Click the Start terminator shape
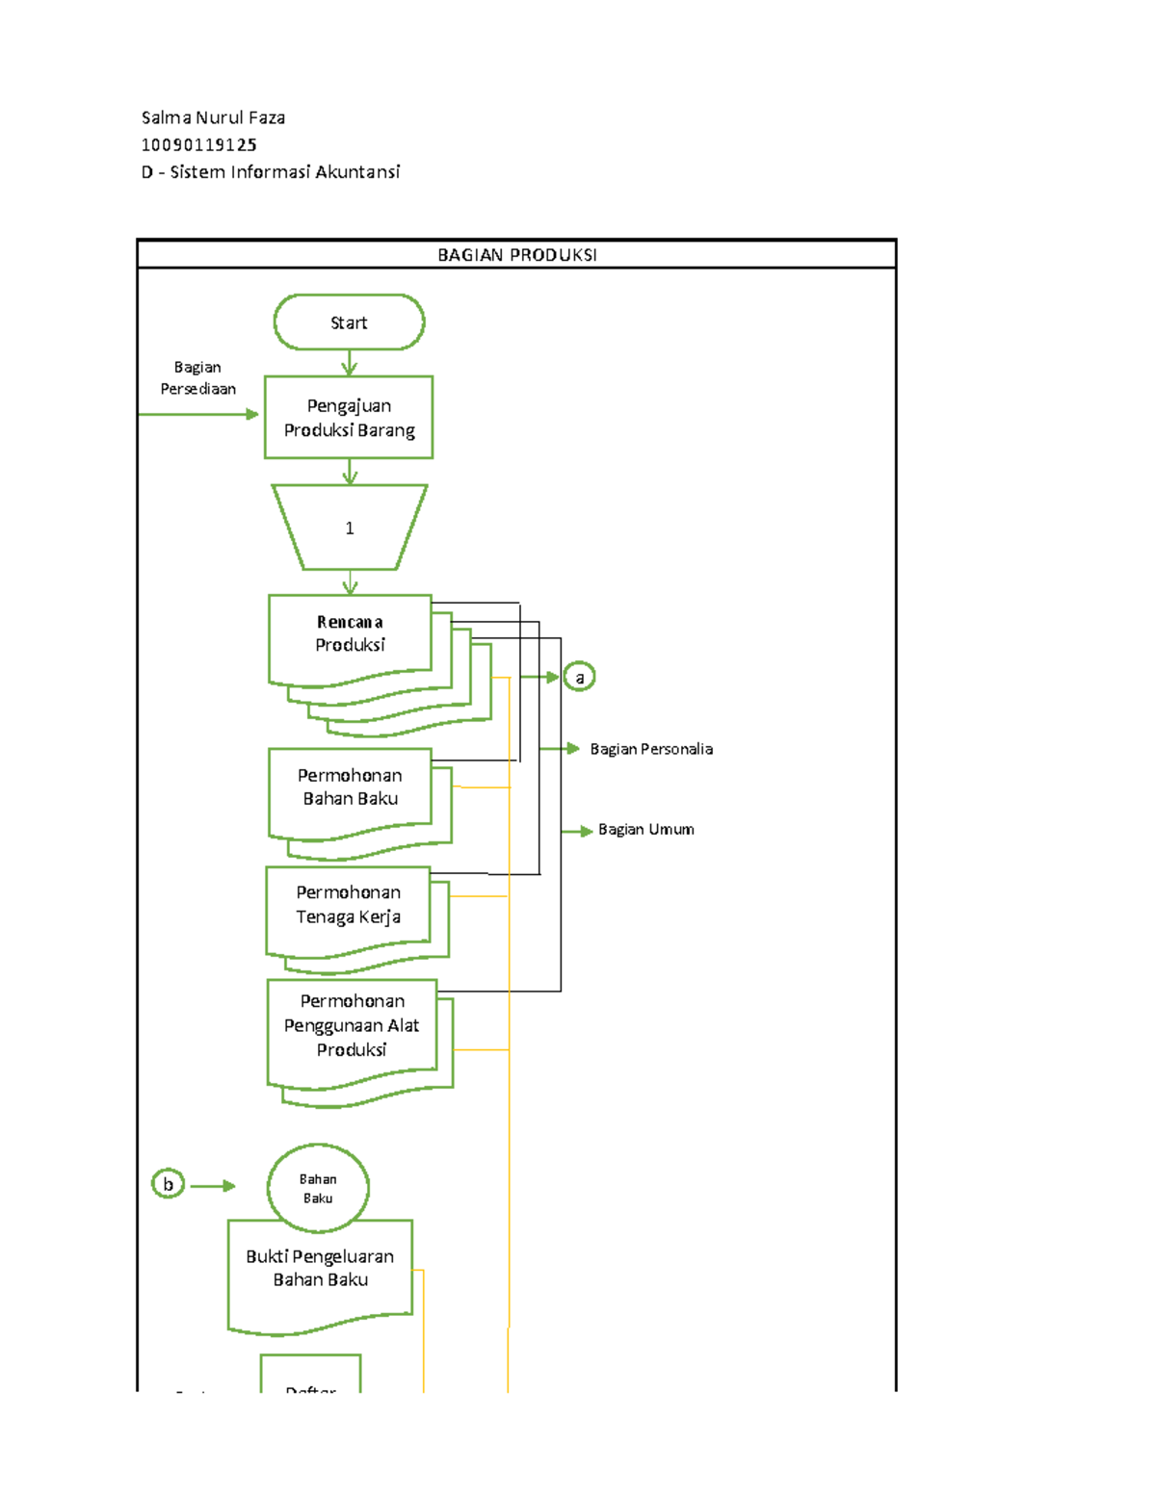tap(349, 322)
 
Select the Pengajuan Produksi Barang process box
tap(349, 418)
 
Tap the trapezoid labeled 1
tap(349, 528)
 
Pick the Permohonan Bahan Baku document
tap(350, 789)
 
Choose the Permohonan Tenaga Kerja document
tap(348, 907)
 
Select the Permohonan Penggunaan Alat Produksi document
tap(352, 1028)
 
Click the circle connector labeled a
tap(579, 678)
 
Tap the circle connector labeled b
tap(169, 1184)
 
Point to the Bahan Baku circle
tap(318, 1188)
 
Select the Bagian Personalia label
tap(651, 749)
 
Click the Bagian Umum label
tap(645, 830)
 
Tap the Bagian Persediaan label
tap(197, 378)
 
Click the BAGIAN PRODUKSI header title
tap(516, 255)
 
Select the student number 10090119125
tap(199, 145)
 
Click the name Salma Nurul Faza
tap(213, 118)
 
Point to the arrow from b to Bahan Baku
tap(213, 1186)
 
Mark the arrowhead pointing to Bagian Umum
tap(586, 831)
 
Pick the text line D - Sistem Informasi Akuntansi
tap(271, 172)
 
